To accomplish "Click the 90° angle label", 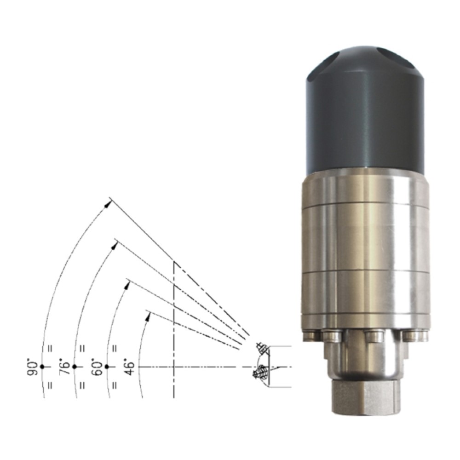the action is click(x=33, y=367).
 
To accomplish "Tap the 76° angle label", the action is click(x=65, y=367).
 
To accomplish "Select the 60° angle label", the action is click(x=97, y=367).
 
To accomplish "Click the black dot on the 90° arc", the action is click(x=42, y=367).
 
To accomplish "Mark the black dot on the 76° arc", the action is click(x=74, y=367).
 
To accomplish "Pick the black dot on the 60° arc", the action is click(x=107, y=367).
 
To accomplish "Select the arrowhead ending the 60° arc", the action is click(x=127, y=286).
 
